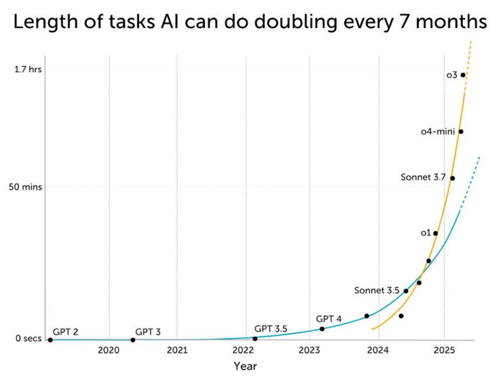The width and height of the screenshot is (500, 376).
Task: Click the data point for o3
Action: tap(463, 75)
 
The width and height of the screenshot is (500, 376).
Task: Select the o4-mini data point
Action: tap(461, 132)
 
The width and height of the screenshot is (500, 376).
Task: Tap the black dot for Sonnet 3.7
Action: tap(452, 178)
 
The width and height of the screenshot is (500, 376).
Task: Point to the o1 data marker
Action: tap(436, 233)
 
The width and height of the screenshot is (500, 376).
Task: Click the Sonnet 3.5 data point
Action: tap(406, 291)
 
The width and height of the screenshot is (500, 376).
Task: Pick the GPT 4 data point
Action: tap(322, 329)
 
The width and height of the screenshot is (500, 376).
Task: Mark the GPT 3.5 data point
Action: tap(255, 339)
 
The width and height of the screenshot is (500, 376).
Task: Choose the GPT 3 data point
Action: tap(133, 340)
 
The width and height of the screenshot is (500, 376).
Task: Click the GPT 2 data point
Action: tap(50, 340)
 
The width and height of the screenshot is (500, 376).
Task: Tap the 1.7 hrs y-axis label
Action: tap(28, 70)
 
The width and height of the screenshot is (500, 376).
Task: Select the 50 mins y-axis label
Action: tap(26, 187)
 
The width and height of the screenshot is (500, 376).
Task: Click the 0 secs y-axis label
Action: tap(29, 339)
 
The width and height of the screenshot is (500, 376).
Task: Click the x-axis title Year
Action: tap(245, 366)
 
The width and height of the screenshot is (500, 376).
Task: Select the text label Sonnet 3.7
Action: tap(423, 177)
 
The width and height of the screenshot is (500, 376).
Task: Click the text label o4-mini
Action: tap(438, 132)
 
